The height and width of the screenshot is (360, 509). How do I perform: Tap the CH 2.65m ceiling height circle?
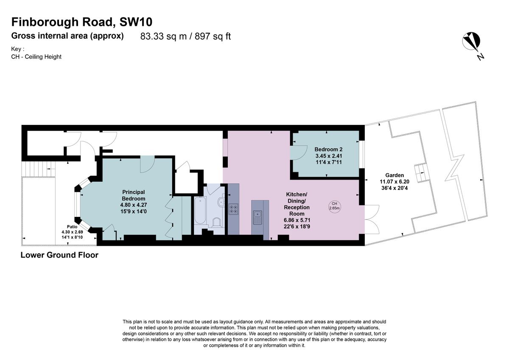click(x=335, y=206)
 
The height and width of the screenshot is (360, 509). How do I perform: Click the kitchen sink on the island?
click(x=257, y=217)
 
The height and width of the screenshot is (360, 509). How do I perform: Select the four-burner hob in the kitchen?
click(x=233, y=209)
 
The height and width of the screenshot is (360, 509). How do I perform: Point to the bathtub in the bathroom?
click(x=200, y=211)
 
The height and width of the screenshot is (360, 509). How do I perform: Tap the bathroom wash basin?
click(x=221, y=201)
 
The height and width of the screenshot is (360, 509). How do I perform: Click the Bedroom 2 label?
click(x=328, y=149)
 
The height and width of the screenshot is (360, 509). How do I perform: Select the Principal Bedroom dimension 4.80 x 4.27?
click(x=134, y=205)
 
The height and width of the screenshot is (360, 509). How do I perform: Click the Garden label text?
click(x=394, y=175)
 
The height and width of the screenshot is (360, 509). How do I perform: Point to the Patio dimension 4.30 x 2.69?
click(x=72, y=232)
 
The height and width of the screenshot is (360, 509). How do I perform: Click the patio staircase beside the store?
click(x=39, y=169)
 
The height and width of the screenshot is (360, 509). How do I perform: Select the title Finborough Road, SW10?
click(x=82, y=22)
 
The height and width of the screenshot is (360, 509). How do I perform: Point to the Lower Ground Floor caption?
click(x=59, y=255)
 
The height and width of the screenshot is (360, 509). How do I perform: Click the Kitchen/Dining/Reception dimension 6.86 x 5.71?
click(x=297, y=220)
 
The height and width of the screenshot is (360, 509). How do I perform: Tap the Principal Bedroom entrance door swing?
click(x=147, y=164)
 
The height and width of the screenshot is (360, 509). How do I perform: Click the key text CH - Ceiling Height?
click(x=36, y=56)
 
